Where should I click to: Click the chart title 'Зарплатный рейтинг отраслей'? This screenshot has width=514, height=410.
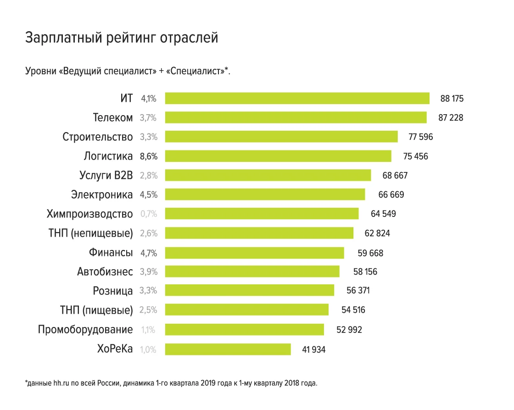click(x=121, y=38)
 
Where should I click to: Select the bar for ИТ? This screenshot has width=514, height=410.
click(x=297, y=99)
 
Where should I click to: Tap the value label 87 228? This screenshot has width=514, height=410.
click(x=451, y=118)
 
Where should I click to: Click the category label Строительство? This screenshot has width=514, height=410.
click(x=98, y=137)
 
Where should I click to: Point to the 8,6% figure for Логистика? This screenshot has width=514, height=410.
click(x=149, y=156)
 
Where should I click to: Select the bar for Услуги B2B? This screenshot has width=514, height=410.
click(x=268, y=175)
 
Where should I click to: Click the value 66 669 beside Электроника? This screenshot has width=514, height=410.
click(x=391, y=195)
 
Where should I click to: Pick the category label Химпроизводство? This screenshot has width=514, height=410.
click(x=89, y=214)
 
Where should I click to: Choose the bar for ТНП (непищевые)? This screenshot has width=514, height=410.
click(x=259, y=233)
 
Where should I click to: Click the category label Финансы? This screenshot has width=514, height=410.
click(x=111, y=253)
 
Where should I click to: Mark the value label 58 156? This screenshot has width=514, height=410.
click(x=365, y=272)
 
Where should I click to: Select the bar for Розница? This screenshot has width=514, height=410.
click(x=249, y=291)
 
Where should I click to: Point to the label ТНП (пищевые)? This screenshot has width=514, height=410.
click(x=96, y=310)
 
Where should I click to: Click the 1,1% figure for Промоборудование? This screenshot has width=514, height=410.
click(x=149, y=330)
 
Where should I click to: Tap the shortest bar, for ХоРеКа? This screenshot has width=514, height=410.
click(x=228, y=349)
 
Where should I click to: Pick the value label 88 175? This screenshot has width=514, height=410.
click(x=452, y=99)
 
